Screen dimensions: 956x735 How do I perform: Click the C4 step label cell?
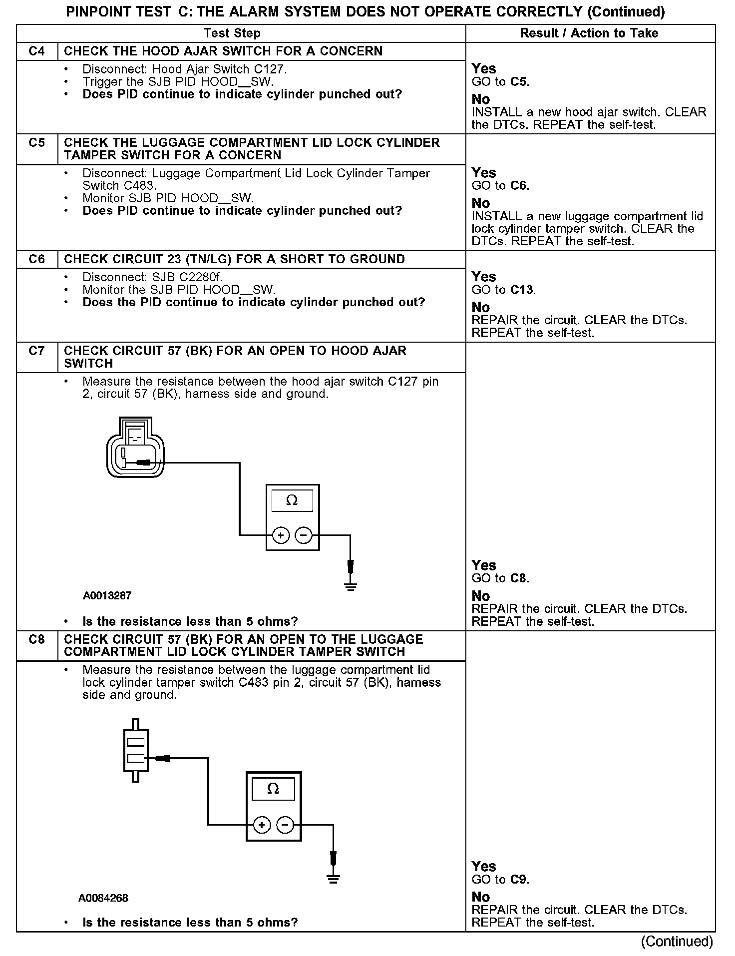(37, 51)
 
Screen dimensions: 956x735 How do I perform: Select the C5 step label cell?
(37, 143)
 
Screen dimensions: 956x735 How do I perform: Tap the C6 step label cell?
(37, 259)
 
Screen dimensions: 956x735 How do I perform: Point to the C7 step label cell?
(37, 351)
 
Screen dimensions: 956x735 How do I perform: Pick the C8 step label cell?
(37, 639)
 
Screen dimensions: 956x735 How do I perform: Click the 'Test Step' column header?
(232, 33)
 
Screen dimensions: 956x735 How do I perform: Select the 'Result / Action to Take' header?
(589, 33)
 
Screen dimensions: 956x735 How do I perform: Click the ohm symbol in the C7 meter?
(292, 500)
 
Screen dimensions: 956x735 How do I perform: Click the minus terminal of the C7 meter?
(304, 536)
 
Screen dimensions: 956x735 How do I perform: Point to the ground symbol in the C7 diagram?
(351, 585)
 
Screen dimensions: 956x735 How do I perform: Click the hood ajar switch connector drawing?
(135, 448)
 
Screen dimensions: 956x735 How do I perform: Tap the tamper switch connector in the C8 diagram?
(135, 751)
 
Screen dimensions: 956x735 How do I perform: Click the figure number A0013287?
(107, 595)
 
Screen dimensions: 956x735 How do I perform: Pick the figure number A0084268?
(103, 898)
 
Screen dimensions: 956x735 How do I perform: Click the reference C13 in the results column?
(522, 290)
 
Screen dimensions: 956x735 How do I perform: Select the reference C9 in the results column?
(519, 879)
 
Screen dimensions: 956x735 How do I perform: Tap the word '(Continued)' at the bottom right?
(677, 942)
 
